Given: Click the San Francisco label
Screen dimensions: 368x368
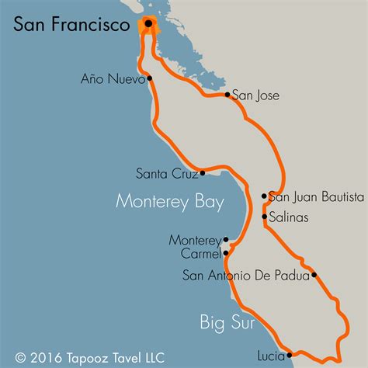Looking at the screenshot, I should [x=72, y=26].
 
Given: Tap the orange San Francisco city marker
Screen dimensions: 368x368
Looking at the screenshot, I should [x=145, y=27].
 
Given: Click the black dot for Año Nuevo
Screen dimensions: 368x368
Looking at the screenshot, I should [x=149, y=78].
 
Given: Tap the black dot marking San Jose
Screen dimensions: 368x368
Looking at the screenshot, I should [x=227, y=95].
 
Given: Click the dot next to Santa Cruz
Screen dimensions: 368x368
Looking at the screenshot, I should [x=202, y=172].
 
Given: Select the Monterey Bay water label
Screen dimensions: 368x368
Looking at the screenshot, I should [x=169, y=202].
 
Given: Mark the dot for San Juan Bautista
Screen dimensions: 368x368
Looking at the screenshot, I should [x=264, y=196].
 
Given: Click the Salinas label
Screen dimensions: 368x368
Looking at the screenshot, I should [x=290, y=217].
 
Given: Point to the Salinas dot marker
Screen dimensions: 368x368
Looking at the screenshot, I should [x=265, y=217].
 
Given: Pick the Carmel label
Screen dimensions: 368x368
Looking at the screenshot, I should [x=202, y=253].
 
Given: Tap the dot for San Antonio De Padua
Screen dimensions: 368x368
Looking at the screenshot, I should [x=314, y=274].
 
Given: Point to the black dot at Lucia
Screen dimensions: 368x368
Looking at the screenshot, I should [x=290, y=356].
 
